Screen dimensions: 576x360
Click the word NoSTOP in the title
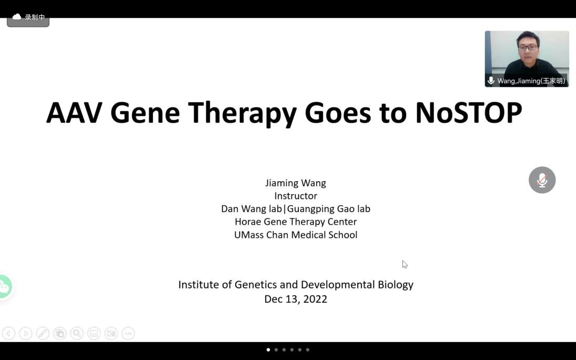(x=468, y=113)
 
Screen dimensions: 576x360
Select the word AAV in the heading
(x=74, y=113)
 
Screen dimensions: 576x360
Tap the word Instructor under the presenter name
(x=296, y=196)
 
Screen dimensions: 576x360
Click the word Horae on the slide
(x=248, y=222)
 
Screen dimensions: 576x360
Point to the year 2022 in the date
(x=315, y=299)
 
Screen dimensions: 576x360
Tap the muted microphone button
(x=542, y=180)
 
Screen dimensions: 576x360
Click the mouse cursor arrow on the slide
(x=405, y=264)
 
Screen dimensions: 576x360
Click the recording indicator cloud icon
(x=16, y=17)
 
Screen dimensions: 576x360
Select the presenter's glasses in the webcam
(x=528, y=47)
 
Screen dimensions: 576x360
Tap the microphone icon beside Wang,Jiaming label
(x=491, y=81)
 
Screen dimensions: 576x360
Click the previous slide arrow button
(x=8, y=334)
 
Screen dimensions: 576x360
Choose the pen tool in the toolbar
(x=43, y=334)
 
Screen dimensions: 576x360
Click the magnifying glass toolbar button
(x=77, y=334)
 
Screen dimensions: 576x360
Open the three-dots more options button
(x=128, y=334)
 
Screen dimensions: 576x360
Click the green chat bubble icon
(x=5, y=286)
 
